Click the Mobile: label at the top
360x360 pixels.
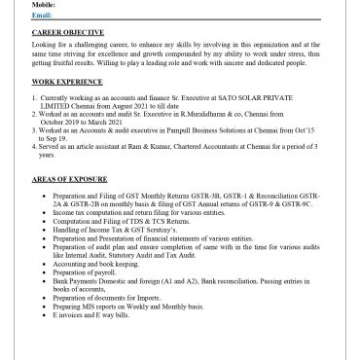[45, 4]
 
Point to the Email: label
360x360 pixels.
[43, 16]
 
